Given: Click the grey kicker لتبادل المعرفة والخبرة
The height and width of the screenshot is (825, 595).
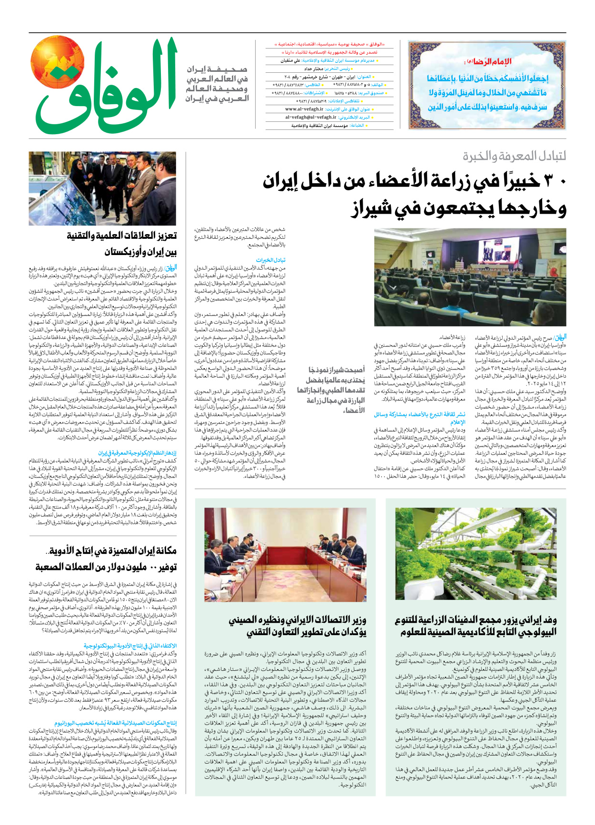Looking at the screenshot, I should pos(514,156).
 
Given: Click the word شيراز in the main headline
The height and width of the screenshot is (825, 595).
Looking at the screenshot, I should pos(371,208).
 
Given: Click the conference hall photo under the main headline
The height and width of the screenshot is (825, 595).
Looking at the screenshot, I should pos(470,276).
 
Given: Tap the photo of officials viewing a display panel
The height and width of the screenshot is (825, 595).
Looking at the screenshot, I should pos(102,188).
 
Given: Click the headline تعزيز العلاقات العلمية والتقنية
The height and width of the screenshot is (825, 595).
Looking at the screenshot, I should pos(122,236).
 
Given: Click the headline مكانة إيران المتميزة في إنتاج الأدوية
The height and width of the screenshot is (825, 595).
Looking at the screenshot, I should pos(112,551).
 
